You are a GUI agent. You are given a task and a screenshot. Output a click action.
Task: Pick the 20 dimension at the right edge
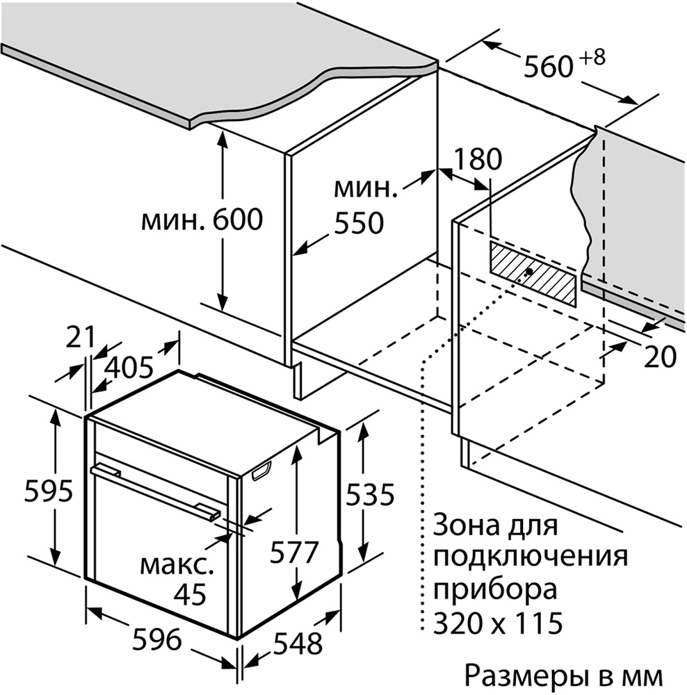click(x=660, y=357)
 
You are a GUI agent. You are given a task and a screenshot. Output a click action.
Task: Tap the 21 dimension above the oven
click(x=81, y=338)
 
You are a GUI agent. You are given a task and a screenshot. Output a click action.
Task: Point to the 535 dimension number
click(x=369, y=494)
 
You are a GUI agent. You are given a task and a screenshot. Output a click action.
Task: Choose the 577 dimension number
click(x=295, y=553)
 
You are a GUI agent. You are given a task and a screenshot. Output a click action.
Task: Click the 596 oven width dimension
click(x=157, y=639)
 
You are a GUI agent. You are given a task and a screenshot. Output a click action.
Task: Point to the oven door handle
click(x=155, y=490)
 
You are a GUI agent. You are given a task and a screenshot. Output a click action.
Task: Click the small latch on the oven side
click(x=261, y=470)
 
